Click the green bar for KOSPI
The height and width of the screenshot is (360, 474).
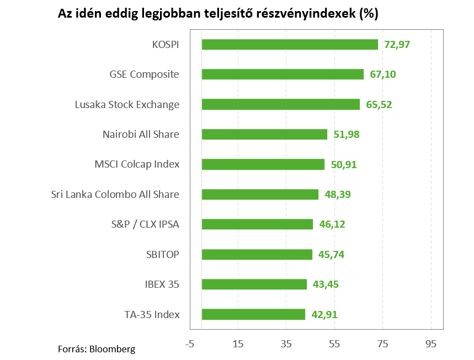[290, 45]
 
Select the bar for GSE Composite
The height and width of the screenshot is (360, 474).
[283, 74]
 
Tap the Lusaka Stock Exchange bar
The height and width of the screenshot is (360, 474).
[280, 104]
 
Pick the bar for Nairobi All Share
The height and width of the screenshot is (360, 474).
[264, 134]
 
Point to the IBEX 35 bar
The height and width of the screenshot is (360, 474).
[254, 284]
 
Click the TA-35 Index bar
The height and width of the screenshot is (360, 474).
[253, 314]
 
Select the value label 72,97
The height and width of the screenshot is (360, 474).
[397, 45]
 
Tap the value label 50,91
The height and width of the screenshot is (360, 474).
[343, 164]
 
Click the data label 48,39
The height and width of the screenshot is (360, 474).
[337, 194]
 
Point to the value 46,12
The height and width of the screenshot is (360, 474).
[332, 224]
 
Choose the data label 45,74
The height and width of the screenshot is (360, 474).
[331, 254]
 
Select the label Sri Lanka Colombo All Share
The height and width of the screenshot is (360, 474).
[115, 194]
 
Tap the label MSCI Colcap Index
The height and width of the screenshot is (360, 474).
[137, 164]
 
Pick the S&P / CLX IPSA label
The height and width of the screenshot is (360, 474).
[145, 224]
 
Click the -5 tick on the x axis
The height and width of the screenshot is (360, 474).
[190, 344]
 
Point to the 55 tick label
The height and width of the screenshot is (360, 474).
[334, 344]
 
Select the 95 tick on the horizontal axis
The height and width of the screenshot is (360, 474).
[431, 344]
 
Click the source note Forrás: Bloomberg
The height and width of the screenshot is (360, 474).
[97, 348]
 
